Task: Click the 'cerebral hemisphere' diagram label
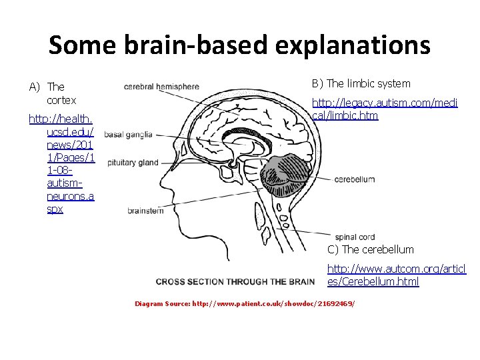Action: coord(161,86)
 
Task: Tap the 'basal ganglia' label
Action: coord(128,134)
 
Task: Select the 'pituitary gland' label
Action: coord(133,163)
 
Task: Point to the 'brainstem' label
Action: coord(145,211)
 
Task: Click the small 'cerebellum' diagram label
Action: coord(355,179)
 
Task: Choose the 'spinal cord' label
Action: coord(355,237)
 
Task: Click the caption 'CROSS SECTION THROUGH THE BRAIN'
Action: coord(235,281)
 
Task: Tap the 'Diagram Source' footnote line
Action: coord(245,303)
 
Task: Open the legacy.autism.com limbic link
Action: coord(385,109)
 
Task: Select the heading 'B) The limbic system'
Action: coord(361,83)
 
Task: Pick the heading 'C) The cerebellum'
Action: coord(370,249)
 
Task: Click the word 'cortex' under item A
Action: coord(61,100)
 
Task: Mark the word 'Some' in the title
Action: coord(75,45)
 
